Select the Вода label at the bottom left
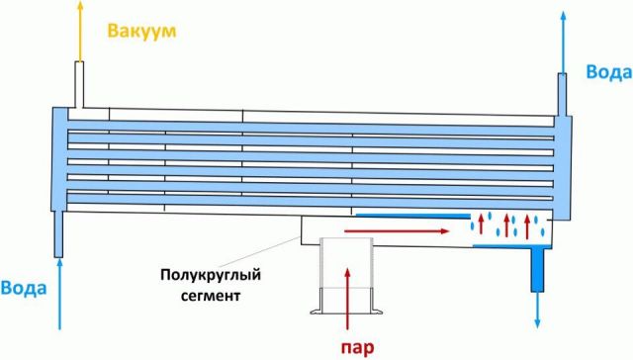(21, 288)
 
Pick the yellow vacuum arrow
(79, 30)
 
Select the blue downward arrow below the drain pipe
(537, 315)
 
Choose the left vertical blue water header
(58, 158)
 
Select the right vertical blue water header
(564, 163)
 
